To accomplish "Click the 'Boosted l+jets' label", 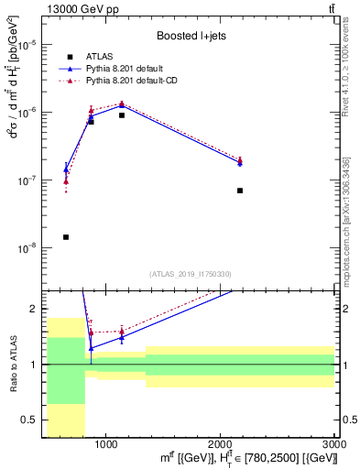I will click(191, 37).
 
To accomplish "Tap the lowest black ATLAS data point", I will click(66, 237).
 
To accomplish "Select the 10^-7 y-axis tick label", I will click(30, 180).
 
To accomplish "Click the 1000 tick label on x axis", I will click(106, 442).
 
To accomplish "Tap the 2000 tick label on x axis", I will click(220, 442).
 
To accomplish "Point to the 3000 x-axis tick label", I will click(333, 442).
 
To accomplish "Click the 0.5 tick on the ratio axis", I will click(34, 420).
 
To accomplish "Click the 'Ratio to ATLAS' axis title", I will click(13, 365).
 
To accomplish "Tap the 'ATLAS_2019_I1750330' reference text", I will click(191, 274).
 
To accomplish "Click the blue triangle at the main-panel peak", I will click(122, 105).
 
